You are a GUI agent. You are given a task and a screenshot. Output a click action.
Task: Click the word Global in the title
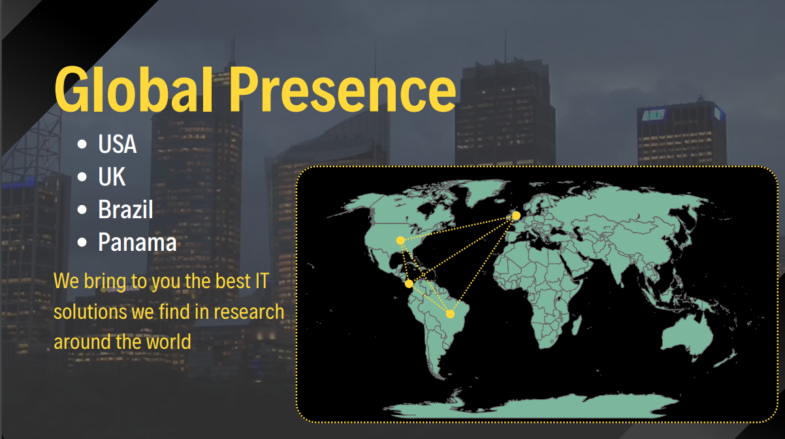[133, 89]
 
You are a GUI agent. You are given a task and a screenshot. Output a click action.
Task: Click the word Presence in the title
[343, 89]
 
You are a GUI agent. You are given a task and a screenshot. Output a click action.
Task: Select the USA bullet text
[118, 144]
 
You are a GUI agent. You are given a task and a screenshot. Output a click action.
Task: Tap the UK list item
[112, 177]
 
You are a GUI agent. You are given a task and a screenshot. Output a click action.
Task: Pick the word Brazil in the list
[125, 209]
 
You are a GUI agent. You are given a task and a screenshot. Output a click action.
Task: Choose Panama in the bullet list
[137, 242]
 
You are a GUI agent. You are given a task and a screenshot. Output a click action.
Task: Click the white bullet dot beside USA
[82, 144]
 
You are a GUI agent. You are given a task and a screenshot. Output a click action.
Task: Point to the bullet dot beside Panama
[82, 242]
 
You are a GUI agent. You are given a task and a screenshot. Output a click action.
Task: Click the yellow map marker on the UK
[516, 216]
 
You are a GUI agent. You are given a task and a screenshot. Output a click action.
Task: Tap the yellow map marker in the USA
[400, 240]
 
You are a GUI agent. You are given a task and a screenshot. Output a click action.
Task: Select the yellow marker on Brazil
[451, 314]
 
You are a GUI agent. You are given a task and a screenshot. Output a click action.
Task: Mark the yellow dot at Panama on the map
[409, 284]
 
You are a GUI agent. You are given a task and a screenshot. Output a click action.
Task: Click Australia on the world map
[687, 335]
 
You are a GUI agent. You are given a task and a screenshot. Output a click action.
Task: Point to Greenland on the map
[485, 192]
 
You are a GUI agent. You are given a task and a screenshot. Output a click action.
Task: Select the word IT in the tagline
[261, 280]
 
